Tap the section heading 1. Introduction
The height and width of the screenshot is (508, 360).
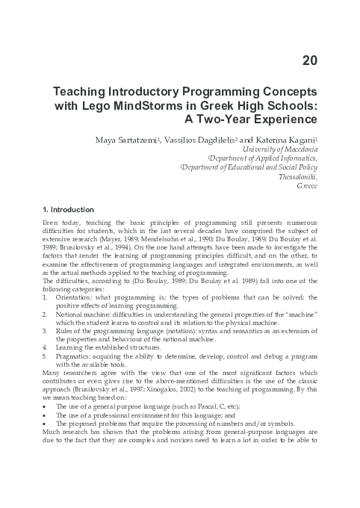tap(69, 209)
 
